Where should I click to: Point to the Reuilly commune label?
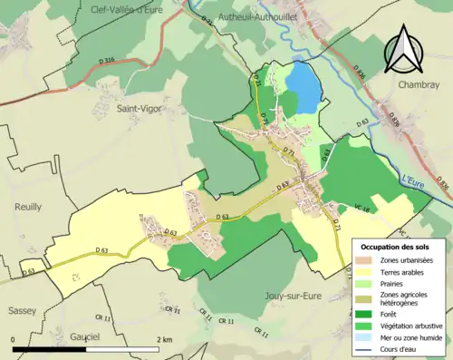(x=28, y=207)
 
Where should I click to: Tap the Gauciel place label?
(x=84, y=336)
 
